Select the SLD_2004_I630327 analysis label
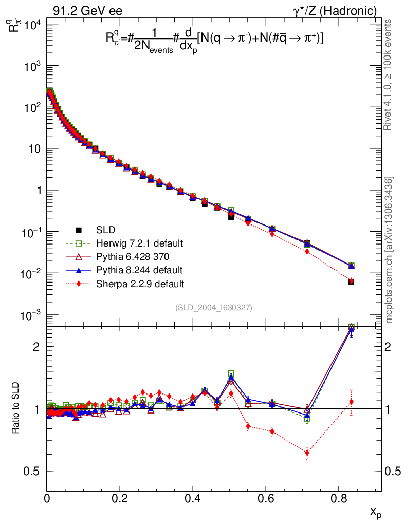coord(213,307)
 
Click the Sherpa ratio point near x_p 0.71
coord(307,453)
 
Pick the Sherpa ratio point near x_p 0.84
coord(351,402)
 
